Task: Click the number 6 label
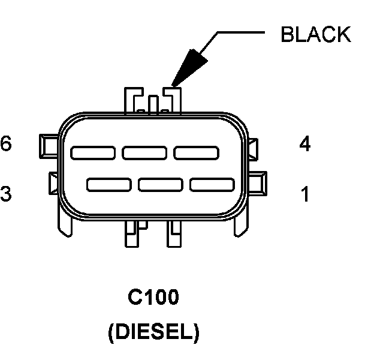[x=7, y=145]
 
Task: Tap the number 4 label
[x=304, y=145]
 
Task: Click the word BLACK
[x=316, y=34]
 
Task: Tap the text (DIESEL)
[x=153, y=332]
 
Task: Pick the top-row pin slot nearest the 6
[x=93, y=152]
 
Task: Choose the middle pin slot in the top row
[x=144, y=152]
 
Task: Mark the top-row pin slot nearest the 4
[x=196, y=152]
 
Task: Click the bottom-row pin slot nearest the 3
[x=108, y=184]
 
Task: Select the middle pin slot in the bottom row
[x=160, y=184]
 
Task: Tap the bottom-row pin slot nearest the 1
[x=212, y=184]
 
